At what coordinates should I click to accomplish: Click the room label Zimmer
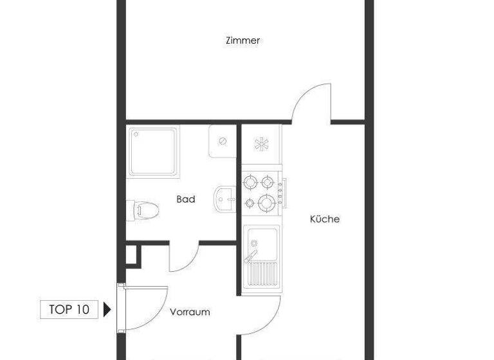242,40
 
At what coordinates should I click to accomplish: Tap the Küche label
324,219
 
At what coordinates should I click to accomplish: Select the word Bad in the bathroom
185,199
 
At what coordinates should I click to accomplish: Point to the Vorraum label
190,312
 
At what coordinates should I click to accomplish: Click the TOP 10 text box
69,309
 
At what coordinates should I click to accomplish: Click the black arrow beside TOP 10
107,309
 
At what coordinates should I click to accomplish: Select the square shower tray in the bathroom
153,152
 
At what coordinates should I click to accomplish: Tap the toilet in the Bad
142,208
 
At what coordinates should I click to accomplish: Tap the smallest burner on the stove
250,204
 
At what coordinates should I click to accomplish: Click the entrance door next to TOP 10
143,308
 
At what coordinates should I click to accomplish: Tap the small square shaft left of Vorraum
132,255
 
